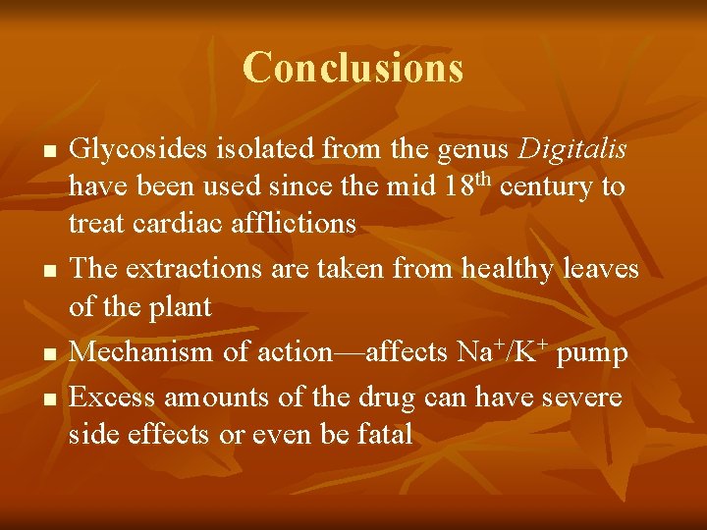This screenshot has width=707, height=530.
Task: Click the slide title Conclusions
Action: tap(353, 68)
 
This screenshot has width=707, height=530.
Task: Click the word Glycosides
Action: tap(137, 150)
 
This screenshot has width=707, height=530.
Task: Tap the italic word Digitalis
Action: tap(572, 150)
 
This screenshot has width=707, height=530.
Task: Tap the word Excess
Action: tap(112, 397)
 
